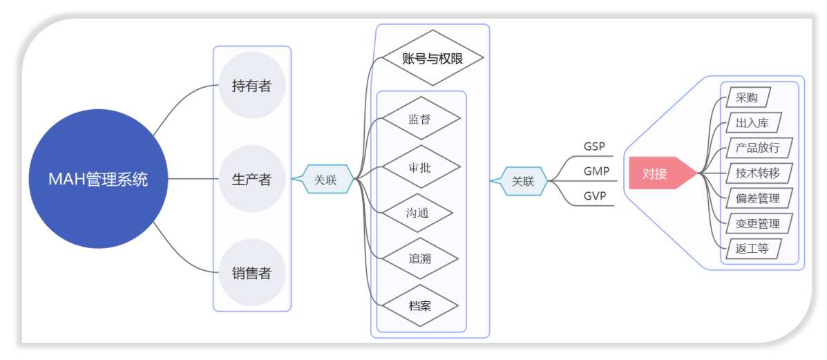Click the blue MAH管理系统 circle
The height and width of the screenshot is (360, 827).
click(98, 179)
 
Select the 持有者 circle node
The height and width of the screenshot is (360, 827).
click(251, 86)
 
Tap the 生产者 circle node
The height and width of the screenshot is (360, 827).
click(251, 180)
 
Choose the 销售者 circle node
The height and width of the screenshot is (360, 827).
click(251, 273)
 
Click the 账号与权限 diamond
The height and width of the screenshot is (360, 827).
click(432, 59)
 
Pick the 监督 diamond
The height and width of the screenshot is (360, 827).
click(420, 119)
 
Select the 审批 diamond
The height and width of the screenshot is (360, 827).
click(420, 167)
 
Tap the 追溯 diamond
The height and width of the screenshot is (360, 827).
click(419, 259)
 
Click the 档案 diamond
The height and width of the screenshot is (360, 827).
click(419, 305)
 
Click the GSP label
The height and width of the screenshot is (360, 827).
click(594, 146)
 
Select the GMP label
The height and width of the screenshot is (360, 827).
click(596, 171)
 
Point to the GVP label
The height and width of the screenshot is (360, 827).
click(595, 196)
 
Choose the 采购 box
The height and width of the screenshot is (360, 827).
click(747, 97)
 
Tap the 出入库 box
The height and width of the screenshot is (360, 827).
click(753, 123)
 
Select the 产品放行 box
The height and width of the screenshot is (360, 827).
click(758, 148)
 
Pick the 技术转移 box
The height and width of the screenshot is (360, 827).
click(758, 173)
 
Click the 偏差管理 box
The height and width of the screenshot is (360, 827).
click(758, 198)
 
